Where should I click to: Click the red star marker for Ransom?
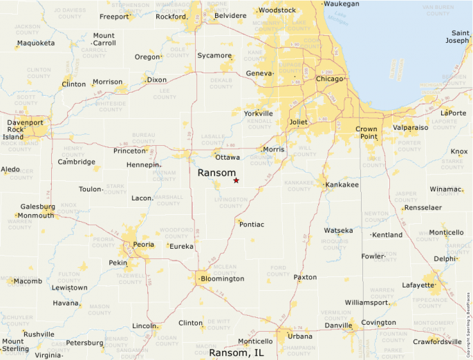[236, 180]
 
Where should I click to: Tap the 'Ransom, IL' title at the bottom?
[236, 352]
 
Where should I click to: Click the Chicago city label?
[329, 79]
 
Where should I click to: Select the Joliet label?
[298, 122]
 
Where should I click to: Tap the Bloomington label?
[222, 278]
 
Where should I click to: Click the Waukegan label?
[342, 4]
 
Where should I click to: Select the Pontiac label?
[252, 225]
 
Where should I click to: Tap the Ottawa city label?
[228, 158]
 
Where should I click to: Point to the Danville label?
[338, 325]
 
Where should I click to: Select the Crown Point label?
[367, 133]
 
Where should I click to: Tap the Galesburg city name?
[37, 207]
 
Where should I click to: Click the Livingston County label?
[231, 202]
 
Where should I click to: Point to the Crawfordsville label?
[438, 341]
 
